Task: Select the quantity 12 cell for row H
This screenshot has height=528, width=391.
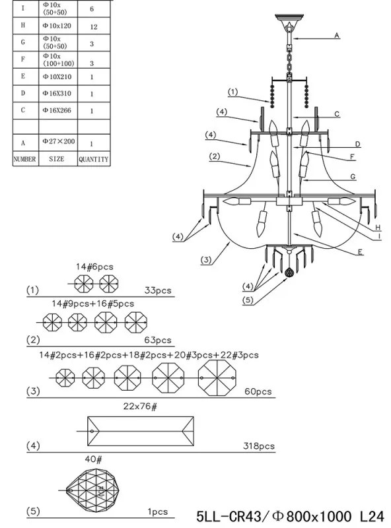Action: click(x=94, y=26)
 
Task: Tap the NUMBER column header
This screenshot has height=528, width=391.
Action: click(x=24, y=158)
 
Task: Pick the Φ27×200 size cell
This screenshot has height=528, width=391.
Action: click(x=58, y=143)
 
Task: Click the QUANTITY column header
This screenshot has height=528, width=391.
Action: click(x=94, y=159)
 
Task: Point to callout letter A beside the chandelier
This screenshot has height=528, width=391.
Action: click(x=336, y=35)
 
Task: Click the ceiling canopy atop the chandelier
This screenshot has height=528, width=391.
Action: click(x=289, y=18)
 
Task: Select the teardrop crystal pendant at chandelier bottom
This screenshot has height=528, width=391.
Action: click(x=289, y=273)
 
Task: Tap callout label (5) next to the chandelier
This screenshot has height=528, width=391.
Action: click(x=248, y=300)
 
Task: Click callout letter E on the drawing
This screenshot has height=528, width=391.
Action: click(x=360, y=252)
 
